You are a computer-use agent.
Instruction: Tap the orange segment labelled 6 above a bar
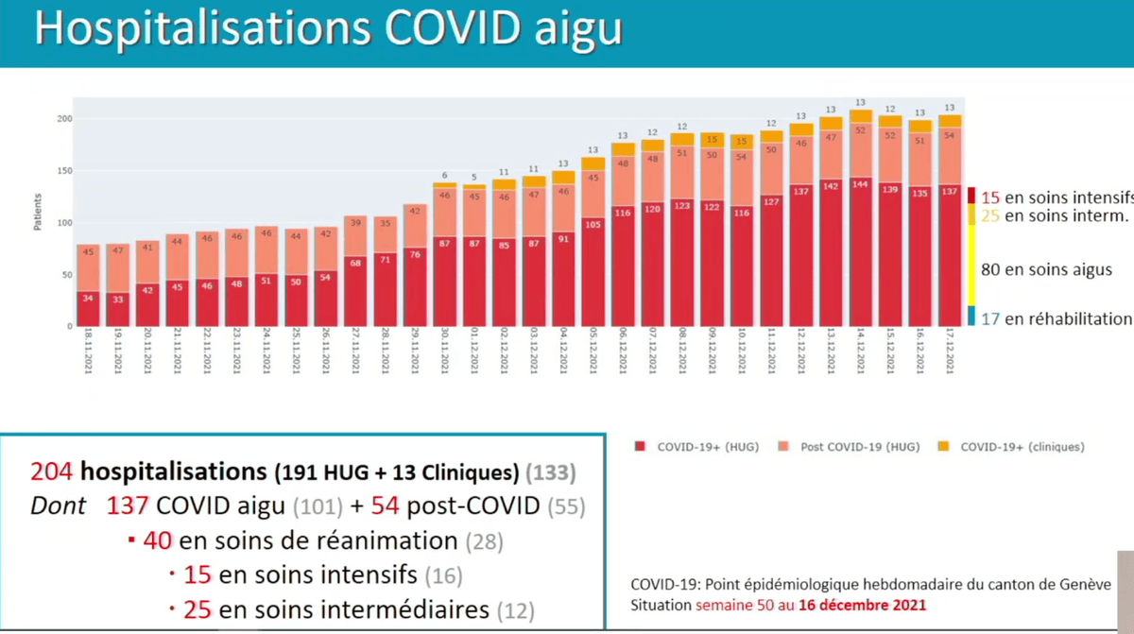444,184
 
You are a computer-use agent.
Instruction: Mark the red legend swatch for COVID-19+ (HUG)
640,447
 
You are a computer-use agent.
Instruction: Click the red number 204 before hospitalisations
52,471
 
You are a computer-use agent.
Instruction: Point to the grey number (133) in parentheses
549,471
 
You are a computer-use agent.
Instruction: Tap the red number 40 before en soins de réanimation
158,541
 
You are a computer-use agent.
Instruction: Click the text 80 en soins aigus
1046,269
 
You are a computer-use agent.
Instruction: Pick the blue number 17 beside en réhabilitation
989,318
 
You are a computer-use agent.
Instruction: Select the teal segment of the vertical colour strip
971,317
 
